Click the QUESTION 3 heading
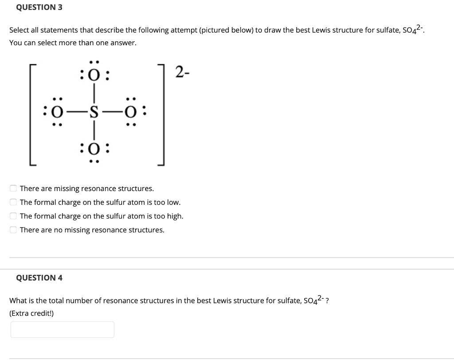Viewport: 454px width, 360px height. pos(39,7)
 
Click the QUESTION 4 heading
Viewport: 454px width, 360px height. pos(39,278)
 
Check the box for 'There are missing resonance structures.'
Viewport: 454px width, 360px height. pos(14,188)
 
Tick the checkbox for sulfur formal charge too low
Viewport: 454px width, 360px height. pos(14,202)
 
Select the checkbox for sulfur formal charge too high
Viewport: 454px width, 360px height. pos(14,216)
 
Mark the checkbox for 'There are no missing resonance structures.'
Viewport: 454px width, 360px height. pos(14,230)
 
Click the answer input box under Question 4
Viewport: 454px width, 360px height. pos(62,329)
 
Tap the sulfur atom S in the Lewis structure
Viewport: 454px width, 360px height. pos(94,111)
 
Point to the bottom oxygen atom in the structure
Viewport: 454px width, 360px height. pos(94,148)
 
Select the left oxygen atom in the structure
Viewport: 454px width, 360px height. pos(55,111)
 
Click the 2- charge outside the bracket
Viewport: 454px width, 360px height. pos(183,72)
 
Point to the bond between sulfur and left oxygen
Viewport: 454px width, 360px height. pos(74,111)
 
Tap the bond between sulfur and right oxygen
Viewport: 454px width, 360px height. pos(113,111)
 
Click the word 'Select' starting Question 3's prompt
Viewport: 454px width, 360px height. pos(19,30)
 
